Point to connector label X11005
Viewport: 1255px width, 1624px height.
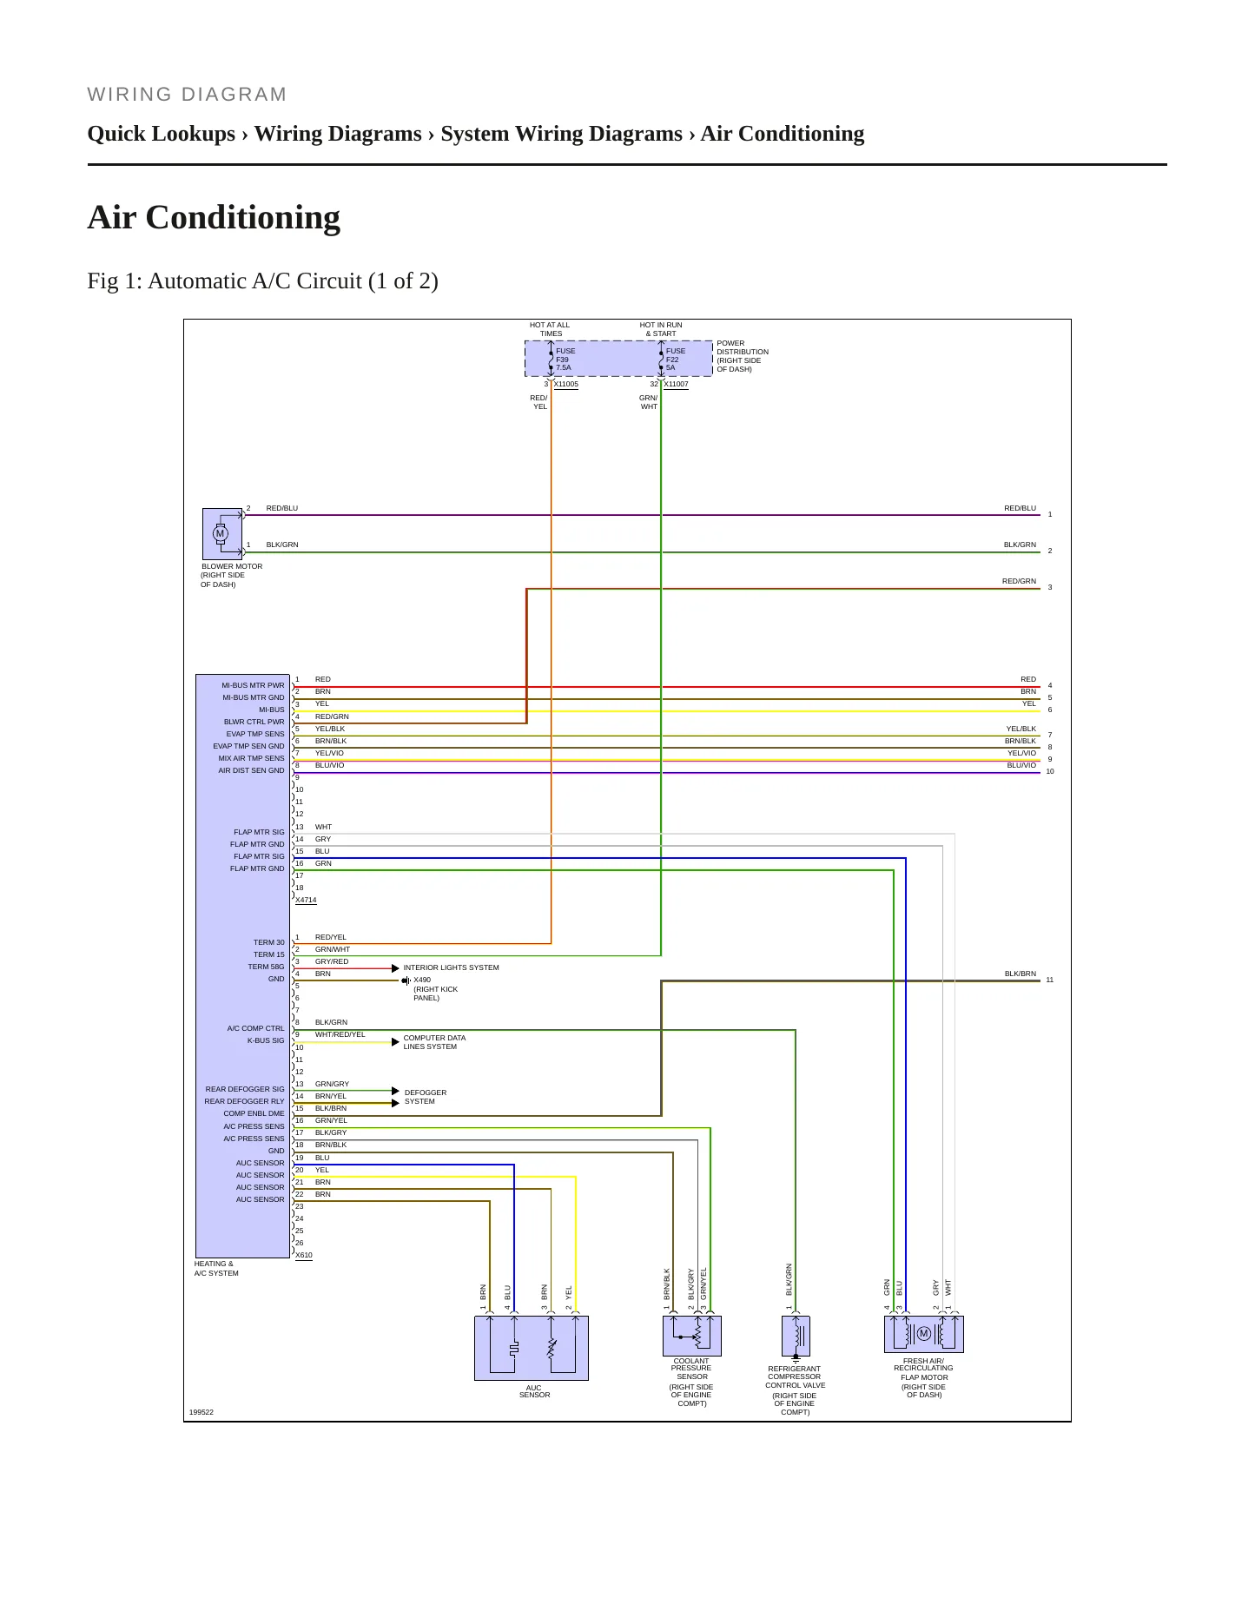[x=566, y=384]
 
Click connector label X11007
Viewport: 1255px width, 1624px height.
[x=676, y=384]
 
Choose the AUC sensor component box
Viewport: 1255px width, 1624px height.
[x=532, y=1348]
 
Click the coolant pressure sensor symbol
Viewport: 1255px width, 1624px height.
[x=692, y=1336]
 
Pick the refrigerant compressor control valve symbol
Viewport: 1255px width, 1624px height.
[x=796, y=1336]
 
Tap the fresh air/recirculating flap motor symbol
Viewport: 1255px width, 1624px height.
[x=924, y=1334]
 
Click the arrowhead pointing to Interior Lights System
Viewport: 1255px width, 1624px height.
[x=395, y=968]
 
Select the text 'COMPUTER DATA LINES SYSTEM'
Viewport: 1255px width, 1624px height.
[x=434, y=1042]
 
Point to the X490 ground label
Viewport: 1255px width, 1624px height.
[x=422, y=980]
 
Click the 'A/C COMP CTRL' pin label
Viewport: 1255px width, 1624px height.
[x=256, y=1028]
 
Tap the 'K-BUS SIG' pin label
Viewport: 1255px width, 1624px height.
[x=266, y=1040]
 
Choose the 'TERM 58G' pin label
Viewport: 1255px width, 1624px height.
[x=266, y=967]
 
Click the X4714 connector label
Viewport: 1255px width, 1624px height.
[x=306, y=901]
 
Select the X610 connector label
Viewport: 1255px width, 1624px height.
[x=304, y=1256]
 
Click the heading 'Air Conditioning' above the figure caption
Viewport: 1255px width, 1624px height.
[x=214, y=217]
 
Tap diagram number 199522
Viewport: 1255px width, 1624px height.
[x=201, y=1412]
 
